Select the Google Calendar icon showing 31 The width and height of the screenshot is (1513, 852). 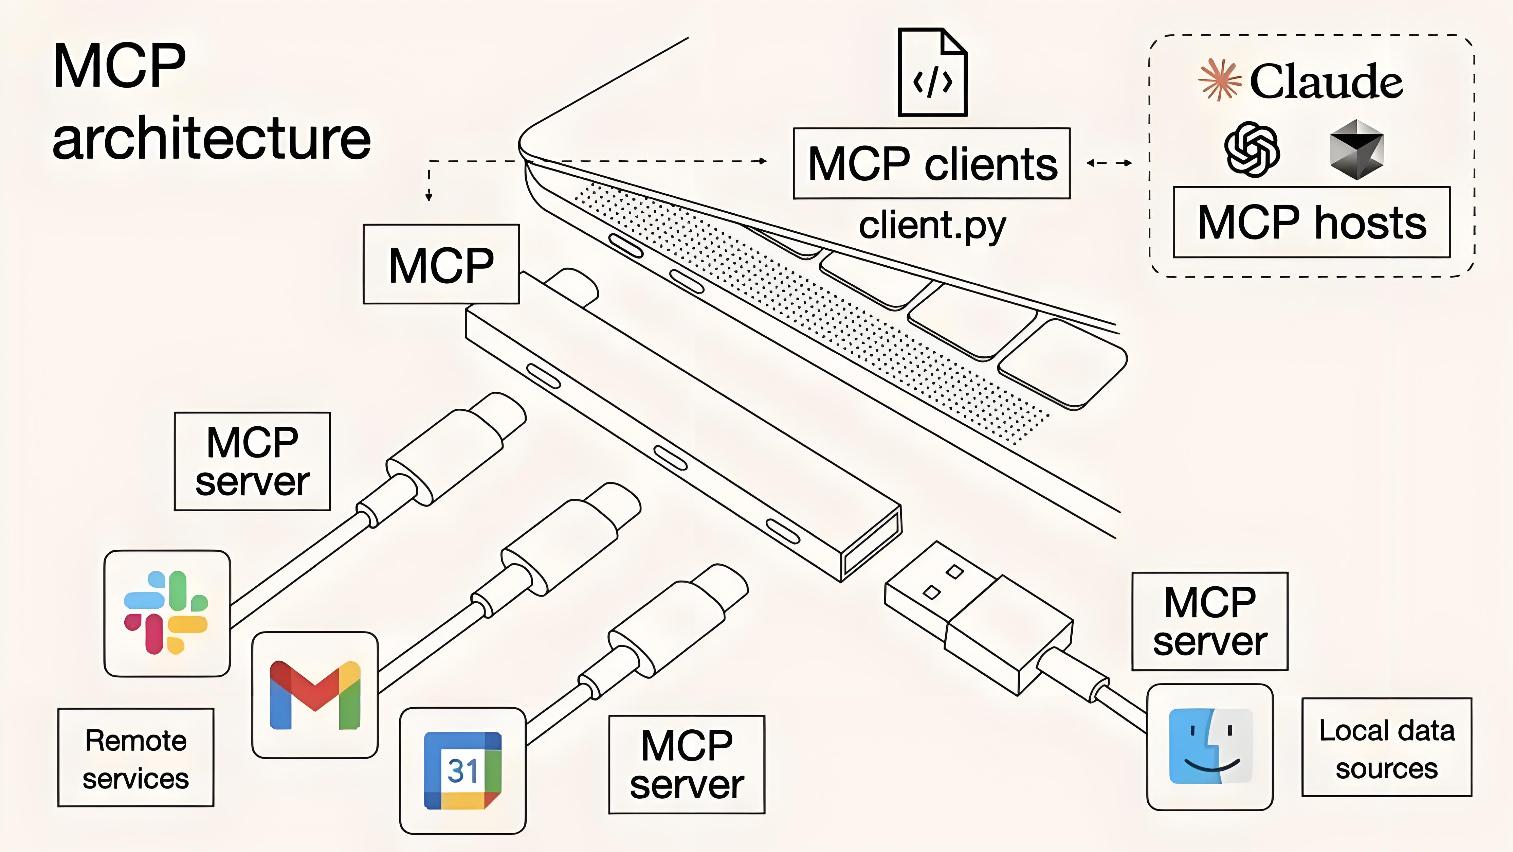[x=463, y=770]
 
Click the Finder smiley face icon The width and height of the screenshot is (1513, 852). [x=1210, y=746]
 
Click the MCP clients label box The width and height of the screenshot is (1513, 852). [x=931, y=163]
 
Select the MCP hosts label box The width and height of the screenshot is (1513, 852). [x=1312, y=222]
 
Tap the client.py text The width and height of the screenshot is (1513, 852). [x=932, y=226]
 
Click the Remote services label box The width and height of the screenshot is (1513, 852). [x=136, y=758]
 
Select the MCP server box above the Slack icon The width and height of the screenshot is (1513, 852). [x=253, y=461]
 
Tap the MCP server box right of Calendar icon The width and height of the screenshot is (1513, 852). [x=687, y=764]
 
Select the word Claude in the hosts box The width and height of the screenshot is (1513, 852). [x=1326, y=81]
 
